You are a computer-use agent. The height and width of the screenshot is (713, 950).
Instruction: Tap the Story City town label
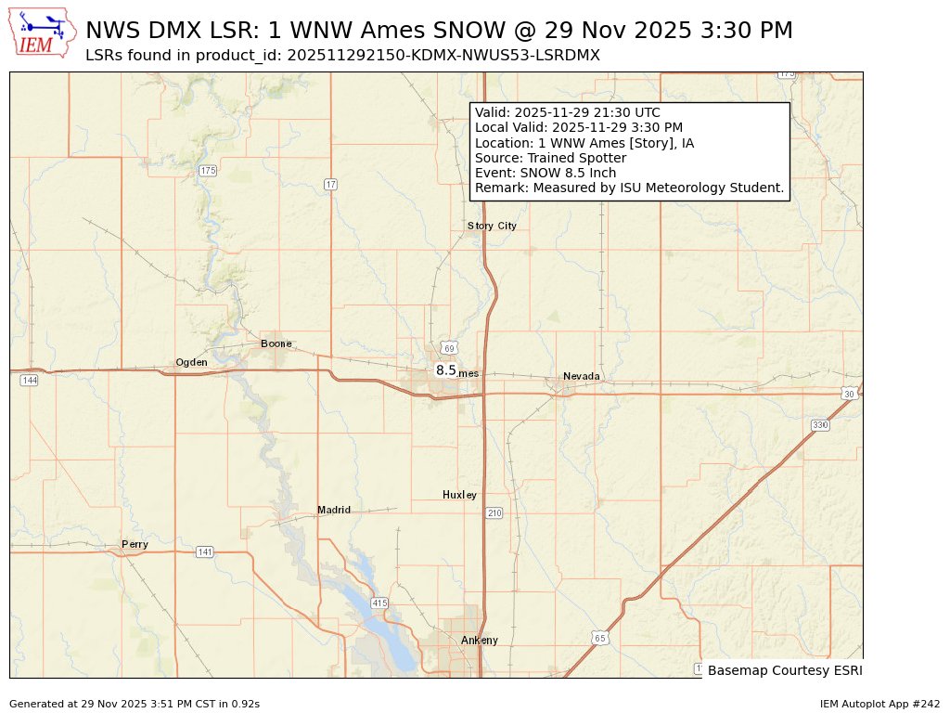click(x=491, y=226)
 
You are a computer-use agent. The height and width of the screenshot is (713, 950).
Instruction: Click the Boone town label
click(x=276, y=344)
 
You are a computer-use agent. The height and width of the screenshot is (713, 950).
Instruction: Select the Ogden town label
click(x=191, y=362)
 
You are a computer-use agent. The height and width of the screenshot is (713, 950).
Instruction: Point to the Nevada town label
click(x=582, y=376)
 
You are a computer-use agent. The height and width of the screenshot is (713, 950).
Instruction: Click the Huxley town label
click(x=459, y=495)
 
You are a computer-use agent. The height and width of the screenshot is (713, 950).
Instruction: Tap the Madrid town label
click(x=334, y=510)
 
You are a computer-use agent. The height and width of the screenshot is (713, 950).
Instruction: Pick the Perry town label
click(x=135, y=544)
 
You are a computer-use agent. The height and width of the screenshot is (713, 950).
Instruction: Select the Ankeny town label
click(x=480, y=640)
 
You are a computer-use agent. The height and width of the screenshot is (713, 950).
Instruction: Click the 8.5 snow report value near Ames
click(x=446, y=370)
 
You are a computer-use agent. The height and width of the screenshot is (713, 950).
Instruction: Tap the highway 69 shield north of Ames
click(x=449, y=348)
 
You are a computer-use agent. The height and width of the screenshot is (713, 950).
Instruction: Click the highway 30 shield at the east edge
click(x=848, y=394)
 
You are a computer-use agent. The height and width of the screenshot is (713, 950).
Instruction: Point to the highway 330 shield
click(x=819, y=424)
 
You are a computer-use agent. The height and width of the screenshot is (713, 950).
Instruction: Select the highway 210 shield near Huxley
click(x=494, y=512)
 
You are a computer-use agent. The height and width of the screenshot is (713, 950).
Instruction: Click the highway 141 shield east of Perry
click(x=205, y=552)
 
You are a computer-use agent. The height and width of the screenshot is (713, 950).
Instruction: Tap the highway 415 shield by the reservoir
click(x=379, y=603)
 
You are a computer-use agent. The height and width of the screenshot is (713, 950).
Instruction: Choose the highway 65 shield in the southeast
click(x=600, y=638)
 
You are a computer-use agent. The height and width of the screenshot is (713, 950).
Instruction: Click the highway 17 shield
click(x=330, y=185)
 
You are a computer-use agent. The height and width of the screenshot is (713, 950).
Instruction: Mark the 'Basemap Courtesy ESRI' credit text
click(x=783, y=669)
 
